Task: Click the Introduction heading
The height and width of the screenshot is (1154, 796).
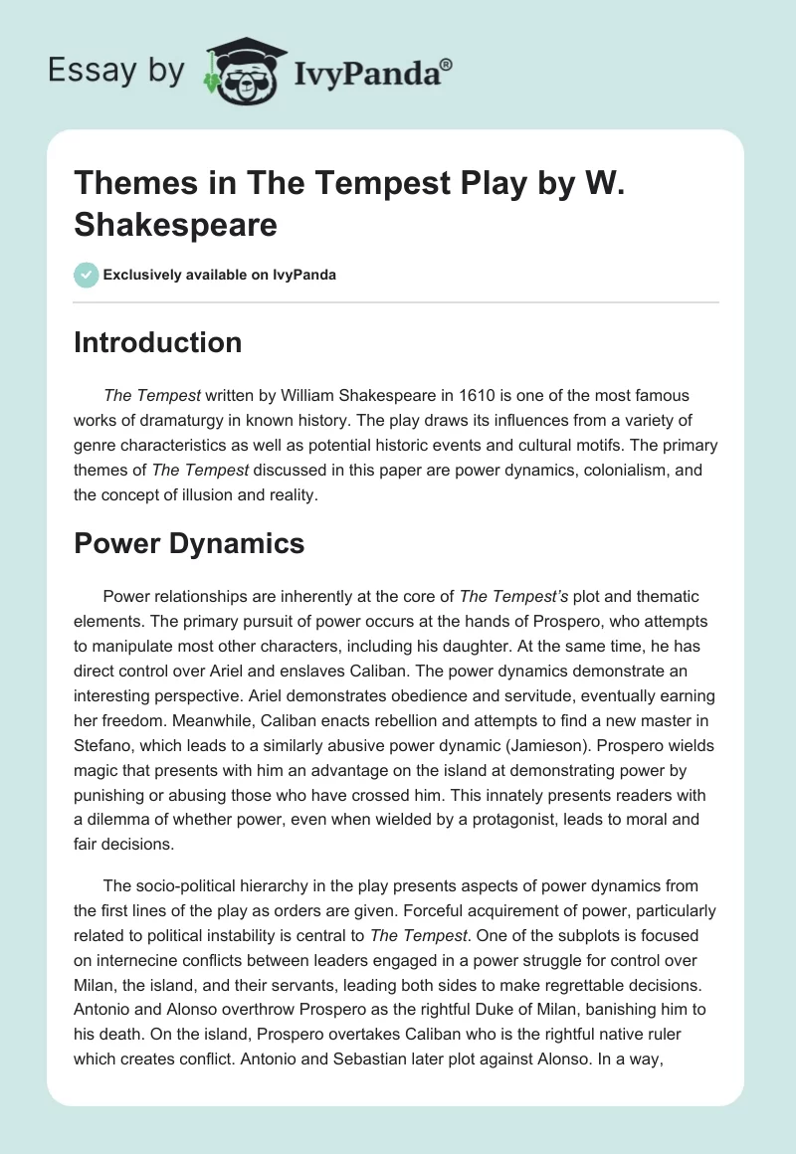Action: (157, 342)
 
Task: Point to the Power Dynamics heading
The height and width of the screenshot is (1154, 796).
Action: (189, 543)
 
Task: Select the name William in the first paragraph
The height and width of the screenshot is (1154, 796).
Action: (289, 396)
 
